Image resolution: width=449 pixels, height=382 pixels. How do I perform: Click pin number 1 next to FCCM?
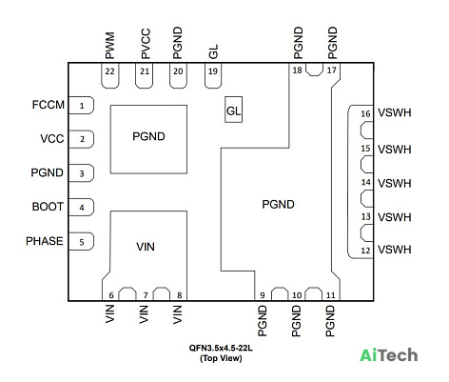point(82,106)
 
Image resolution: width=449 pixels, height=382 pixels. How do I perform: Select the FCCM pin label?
point(49,105)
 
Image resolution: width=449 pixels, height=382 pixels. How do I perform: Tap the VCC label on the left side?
point(52,139)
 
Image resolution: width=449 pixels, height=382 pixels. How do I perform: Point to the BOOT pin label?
point(48,207)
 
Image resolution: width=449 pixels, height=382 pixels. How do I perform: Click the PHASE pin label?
point(45,241)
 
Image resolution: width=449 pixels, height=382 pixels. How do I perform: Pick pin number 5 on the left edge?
point(82,242)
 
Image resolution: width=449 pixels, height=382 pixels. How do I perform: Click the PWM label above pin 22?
point(109,46)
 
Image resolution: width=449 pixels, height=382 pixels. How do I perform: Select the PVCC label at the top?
point(146,44)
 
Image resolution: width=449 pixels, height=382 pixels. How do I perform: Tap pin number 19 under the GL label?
point(213,71)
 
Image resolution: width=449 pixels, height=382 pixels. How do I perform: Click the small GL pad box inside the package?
point(234,110)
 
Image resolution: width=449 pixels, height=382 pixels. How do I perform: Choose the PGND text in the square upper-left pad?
point(148,136)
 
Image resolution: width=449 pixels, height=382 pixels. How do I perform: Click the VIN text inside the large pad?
point(146,247)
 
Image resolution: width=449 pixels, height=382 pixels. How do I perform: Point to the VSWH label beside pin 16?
point(395,112)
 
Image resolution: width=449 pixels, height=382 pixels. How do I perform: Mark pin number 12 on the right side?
point(365,251)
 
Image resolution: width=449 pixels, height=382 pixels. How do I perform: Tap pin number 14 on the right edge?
point(365,182)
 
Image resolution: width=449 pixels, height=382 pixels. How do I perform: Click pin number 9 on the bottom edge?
point(263,295)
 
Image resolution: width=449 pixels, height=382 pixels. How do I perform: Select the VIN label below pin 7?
point(144,314)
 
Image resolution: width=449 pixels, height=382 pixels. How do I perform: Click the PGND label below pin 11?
point(330,321)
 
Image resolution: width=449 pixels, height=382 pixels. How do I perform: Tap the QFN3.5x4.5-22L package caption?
point(221,348)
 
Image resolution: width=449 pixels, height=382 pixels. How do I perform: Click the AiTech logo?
point(389,355)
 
